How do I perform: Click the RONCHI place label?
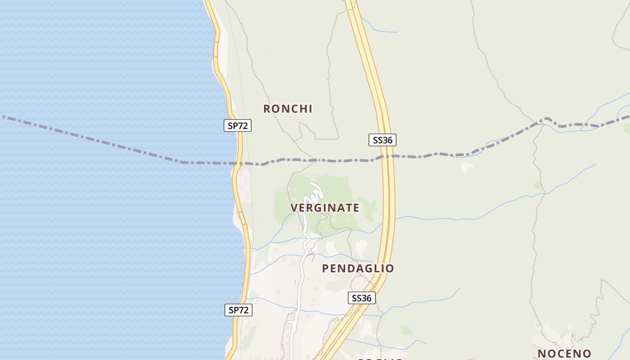(288, 109)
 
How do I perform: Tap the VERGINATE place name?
(324, 208)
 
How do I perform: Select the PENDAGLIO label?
(358, 269)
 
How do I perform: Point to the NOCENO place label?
(564, 354)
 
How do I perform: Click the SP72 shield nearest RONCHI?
(238, 126)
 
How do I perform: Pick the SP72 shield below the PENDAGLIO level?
(238, 310)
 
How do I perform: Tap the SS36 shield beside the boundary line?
(382, 140)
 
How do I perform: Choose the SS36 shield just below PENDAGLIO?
(361, 298)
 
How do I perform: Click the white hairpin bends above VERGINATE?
(315, 193)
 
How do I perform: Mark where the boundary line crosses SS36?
(387, 157)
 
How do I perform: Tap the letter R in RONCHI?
(267, 109)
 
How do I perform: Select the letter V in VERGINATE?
(294, 208)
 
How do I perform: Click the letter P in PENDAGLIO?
(326, 269)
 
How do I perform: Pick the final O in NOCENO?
(587, 354)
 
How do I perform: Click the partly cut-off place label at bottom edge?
(380, 359)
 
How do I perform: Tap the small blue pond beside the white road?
(295, 282)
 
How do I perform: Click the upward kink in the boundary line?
(546, 119)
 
